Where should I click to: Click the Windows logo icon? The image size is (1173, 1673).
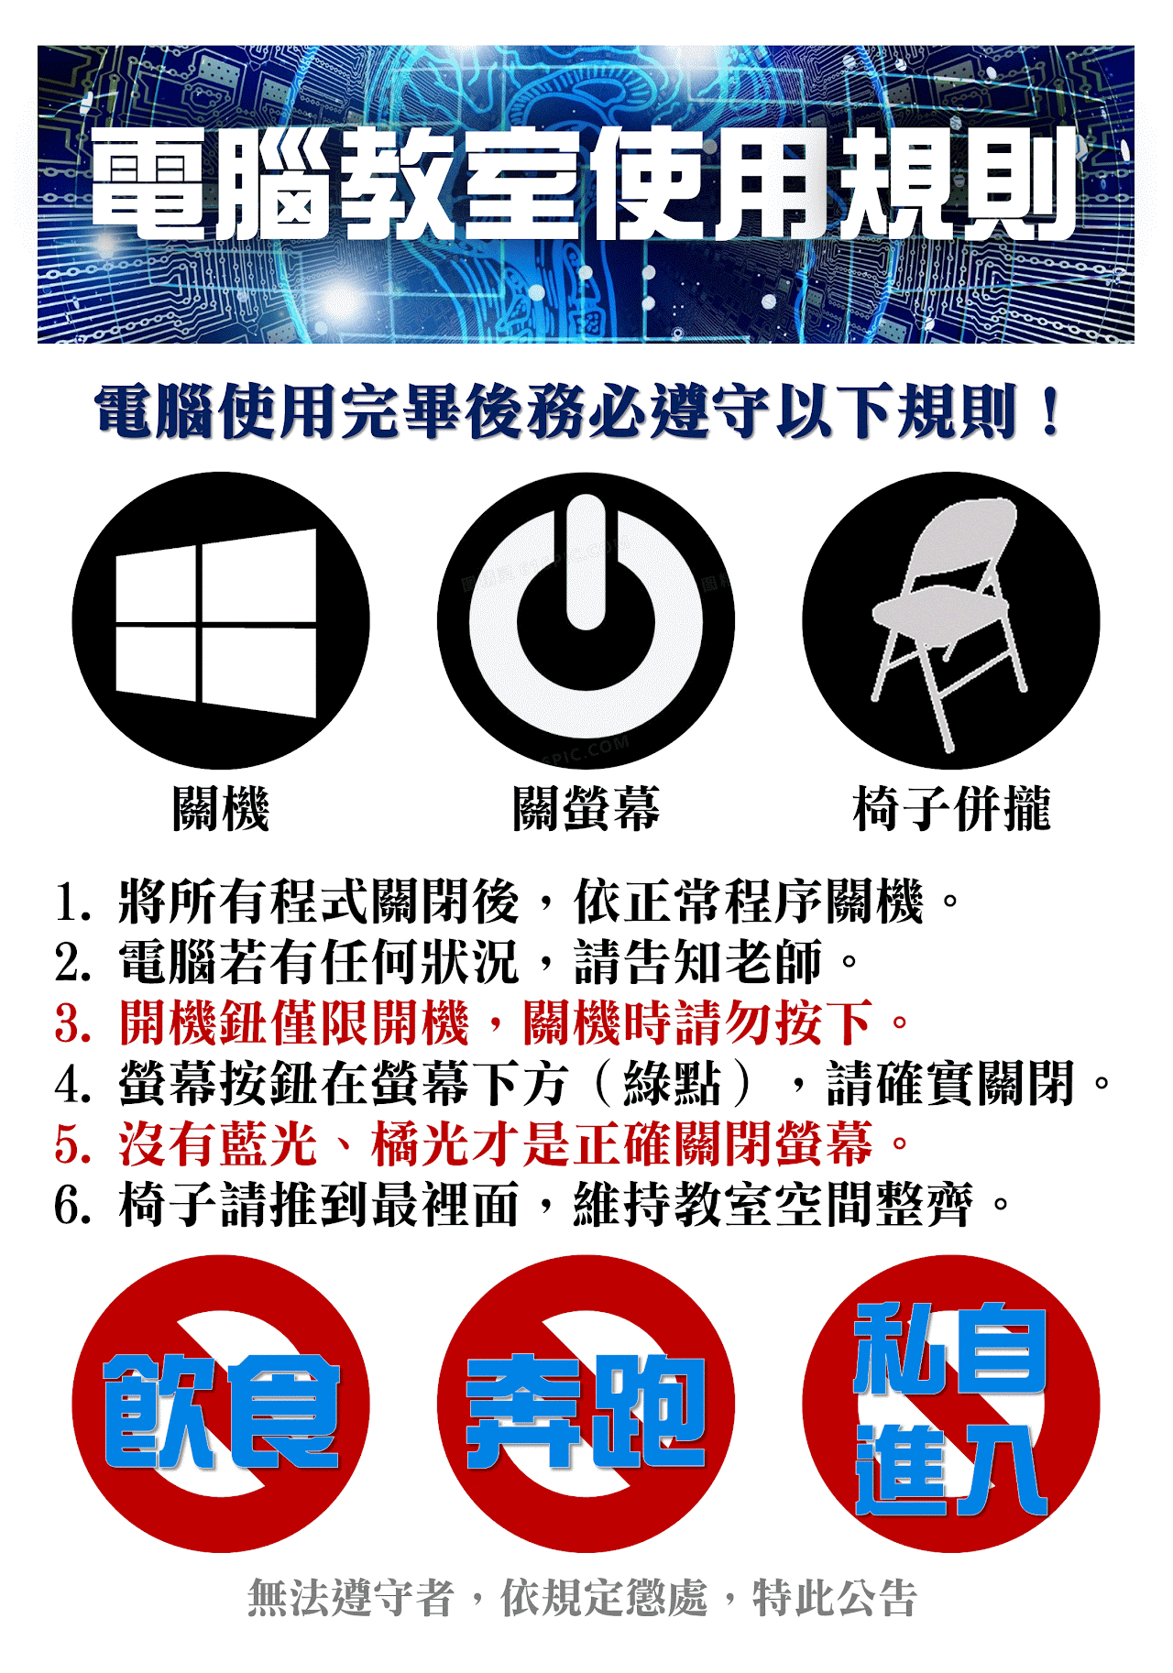click(216, 623)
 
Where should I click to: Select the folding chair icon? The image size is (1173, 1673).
click(949, 623)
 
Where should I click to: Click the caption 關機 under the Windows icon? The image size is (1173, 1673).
click(221, 808)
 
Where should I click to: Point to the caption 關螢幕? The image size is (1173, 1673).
click(586, 808)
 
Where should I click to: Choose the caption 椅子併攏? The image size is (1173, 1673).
click(951, 808)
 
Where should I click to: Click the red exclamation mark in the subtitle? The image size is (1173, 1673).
click(1050, 411)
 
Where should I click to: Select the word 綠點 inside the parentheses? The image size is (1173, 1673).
click(673, 1084)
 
